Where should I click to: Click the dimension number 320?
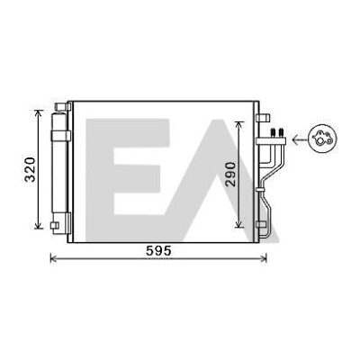coord(31,169)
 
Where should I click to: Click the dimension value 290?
coord(231,175)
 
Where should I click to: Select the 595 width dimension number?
coord(158,251)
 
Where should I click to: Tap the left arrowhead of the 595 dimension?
coord(53,257)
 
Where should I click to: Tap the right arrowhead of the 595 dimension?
coord(264,257)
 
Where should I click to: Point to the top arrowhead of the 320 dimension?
coord(38,113)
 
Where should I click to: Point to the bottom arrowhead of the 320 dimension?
coord(38,225)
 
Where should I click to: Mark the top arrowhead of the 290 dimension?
coord(238,125)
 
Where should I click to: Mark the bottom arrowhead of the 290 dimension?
coord(238,223)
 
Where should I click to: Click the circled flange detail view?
coord(322,139)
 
